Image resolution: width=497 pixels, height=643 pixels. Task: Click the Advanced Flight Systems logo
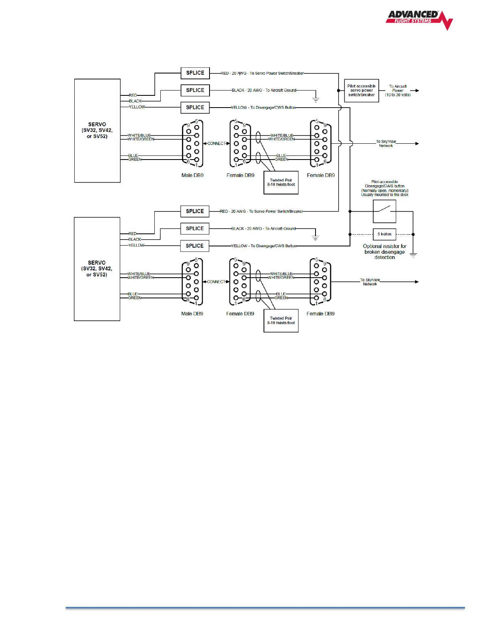pyautogui.click(x=419, y=19)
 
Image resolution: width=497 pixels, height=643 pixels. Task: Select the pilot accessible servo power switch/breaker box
pyautogui.click(x=361, y=91)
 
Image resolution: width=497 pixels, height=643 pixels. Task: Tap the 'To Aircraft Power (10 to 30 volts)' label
pyautogui.click(x=398, y=91)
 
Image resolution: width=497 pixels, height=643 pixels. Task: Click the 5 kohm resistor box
pyautogui.click(x=384, y=234)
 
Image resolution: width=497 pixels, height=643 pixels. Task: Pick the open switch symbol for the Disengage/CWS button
pyautogui.click(x=384, y=211)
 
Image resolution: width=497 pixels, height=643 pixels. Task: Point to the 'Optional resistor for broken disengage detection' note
pyautogui.click(x=385, y=252)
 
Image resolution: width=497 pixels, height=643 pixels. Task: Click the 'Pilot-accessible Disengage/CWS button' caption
pyautogui.click(x=385, y=188)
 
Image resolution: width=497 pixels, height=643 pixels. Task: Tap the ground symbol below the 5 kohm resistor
pyautogui.click(x=413, y=255)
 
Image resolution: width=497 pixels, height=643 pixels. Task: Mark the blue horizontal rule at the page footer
pyautogui.click(x=265, y=608)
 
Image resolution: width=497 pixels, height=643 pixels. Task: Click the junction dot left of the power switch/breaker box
pyautogui.click(x=339, y=91)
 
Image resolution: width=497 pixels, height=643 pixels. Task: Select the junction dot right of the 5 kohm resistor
pyautogui.click(x=413, y=234)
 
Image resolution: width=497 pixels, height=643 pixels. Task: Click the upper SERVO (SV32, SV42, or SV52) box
pyautogui.click(x=97, y=130)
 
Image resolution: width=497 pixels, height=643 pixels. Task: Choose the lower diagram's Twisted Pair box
pyautogui.click(x=281, y=321)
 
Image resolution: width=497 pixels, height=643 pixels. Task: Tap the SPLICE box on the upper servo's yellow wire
pyautogui.click(x=195, y=108)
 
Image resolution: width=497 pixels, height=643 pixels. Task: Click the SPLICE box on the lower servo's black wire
pyautogui.click(x=195, y=229)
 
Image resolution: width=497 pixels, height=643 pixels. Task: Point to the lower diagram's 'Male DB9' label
pyautogui.click(x=192, y=314)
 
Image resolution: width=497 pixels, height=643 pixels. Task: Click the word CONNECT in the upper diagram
pyautogui.click(x=216, y=143)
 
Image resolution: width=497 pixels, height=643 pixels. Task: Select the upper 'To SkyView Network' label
pyautogui.click(x=386, y=144)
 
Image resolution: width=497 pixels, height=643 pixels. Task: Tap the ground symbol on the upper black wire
pyautogui.click(x=315, y=99)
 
